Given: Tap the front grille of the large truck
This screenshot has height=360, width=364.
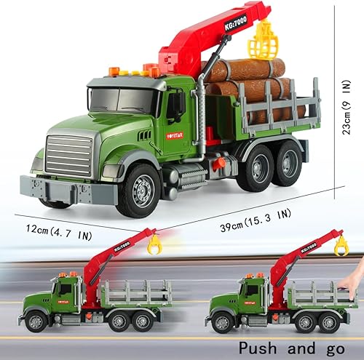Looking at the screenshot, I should [x=69, y=156].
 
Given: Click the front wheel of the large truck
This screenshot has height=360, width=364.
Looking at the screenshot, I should [x=138, y=190].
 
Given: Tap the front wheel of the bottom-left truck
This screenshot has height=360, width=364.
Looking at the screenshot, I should [x=36, y=320].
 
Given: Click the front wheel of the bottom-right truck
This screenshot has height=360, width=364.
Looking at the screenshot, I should [x=221, y=321].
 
